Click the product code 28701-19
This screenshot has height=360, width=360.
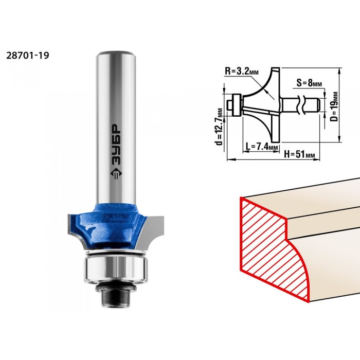(28, 56)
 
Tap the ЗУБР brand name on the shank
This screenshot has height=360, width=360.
(116, 145)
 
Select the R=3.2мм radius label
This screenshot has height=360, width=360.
(242, 71)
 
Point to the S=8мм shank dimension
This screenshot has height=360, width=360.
(309, 83)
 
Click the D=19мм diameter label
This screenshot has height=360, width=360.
(335, 106)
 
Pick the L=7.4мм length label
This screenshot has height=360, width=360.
(262, 146)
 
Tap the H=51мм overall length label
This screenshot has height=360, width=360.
(299, 154)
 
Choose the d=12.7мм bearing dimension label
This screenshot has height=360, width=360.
(220, 127)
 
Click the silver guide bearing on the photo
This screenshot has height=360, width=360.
(116, 268)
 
